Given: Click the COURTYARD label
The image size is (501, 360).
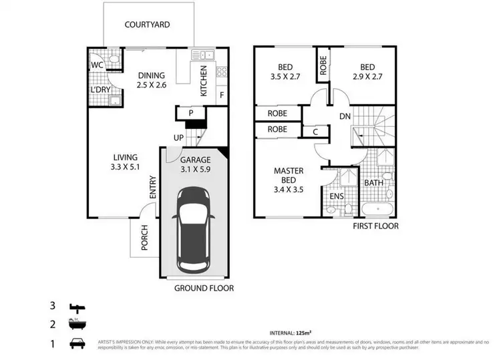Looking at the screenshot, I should [x=147, y=25].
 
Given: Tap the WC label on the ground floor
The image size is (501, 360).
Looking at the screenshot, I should [x=96, y=65].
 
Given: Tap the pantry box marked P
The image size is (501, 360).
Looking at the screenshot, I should [x=190, y=114].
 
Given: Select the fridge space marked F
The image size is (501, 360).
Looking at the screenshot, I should [x=222, y=95].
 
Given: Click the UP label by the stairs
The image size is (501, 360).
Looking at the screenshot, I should [x=178, y=138].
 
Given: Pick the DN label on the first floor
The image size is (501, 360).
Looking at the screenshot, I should [x=345, y=116].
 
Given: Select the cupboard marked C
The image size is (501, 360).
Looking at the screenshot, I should [x=315, y=132].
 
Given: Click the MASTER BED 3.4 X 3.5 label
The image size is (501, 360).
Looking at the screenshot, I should [x=289, y=180].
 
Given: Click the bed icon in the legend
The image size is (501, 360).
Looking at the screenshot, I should [x=78, y=307].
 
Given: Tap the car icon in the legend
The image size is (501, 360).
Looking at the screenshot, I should [x=78, y=344].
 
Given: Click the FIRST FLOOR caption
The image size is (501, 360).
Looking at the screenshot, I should [x=375, y=226].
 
